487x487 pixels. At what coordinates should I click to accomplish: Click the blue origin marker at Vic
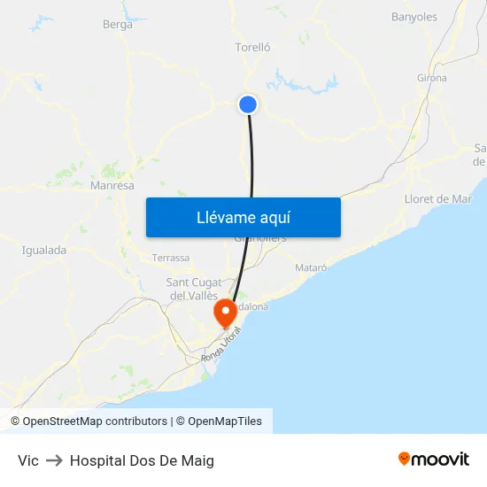pyautogui.click(x=248, y=104)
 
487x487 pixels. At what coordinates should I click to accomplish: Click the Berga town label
pyautogui.click(x=118, y=25)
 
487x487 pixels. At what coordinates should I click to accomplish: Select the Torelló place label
pyautogui.click(x=252, y=47)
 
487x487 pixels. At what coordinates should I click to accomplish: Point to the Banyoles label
pyautogui.click(x=414, y=17)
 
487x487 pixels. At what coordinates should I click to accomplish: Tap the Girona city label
pyautogui.click(x=431, y=78)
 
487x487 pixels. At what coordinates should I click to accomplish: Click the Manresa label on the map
pyautogui.click(x=112, y=186)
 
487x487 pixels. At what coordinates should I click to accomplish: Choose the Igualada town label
pyautogui.click(x=44, y=250)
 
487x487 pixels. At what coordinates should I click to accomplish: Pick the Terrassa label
pyautogui.click(x=171, y=258)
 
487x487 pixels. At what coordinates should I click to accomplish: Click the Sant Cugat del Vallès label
pyautogui.click(x=195, y=289)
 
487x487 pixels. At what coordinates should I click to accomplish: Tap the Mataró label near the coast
pyautogui.click(x=310, y=267)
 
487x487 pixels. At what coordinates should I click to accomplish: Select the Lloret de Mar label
pyautogui.click(x=437, y=199)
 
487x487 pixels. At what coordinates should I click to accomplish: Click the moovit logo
pyautogui.click(x=434, y=460)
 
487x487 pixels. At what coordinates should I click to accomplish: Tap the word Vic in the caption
pyautogui.click(x=28, y=460)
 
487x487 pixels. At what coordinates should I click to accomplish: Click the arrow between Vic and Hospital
pyautogui.click(x=54, y=460)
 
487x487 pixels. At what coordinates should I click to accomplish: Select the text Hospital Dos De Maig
pyautogui.click(x=142, y=460)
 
